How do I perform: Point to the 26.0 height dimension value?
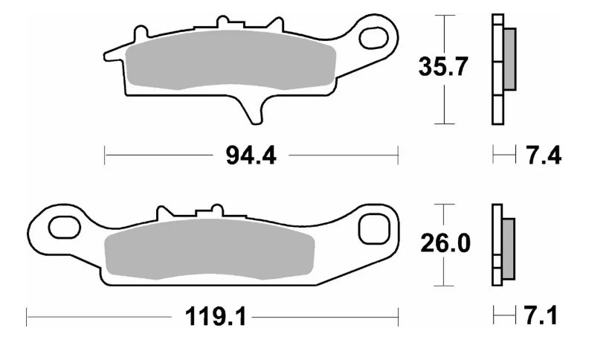443,243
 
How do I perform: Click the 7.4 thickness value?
543,156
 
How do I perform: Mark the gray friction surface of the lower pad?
208,249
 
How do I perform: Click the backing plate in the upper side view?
497,68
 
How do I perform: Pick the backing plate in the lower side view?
496,245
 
